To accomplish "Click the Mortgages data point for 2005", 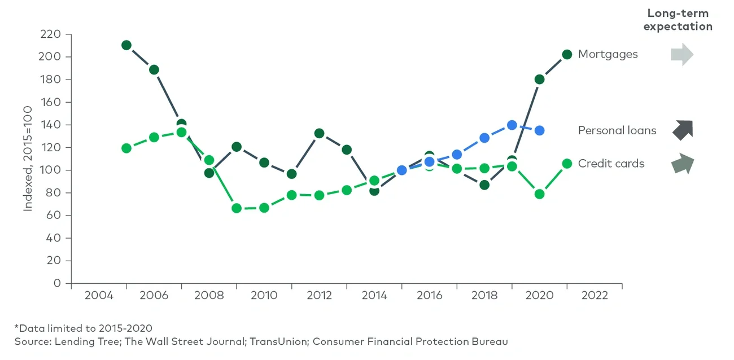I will [126, 45].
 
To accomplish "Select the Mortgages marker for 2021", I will [567, 54].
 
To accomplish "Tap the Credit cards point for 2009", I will [237, 208].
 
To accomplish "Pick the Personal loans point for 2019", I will [512, 125].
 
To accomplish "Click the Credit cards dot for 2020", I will [539, 194].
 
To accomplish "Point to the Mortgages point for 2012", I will [319, 134].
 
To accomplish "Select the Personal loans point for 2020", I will [539, 130].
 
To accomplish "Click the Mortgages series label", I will [608, 54].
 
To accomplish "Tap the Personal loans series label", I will [617, 130].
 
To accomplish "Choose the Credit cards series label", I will [611, 164].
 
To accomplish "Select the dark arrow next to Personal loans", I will [682, 130].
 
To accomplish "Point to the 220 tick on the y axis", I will [50, 34].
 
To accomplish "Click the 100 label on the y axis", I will [50, 170].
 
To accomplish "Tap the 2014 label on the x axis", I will [374, 296].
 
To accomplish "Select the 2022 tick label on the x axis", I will [594, 296].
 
